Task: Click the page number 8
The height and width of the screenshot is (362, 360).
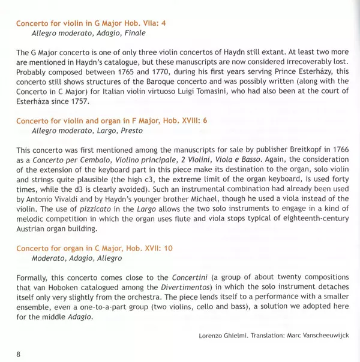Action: (x=19, y=354)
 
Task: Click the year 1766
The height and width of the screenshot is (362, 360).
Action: (x=337, y=149)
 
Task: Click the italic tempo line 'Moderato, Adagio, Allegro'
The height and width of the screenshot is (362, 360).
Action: (x=77, y=258)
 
